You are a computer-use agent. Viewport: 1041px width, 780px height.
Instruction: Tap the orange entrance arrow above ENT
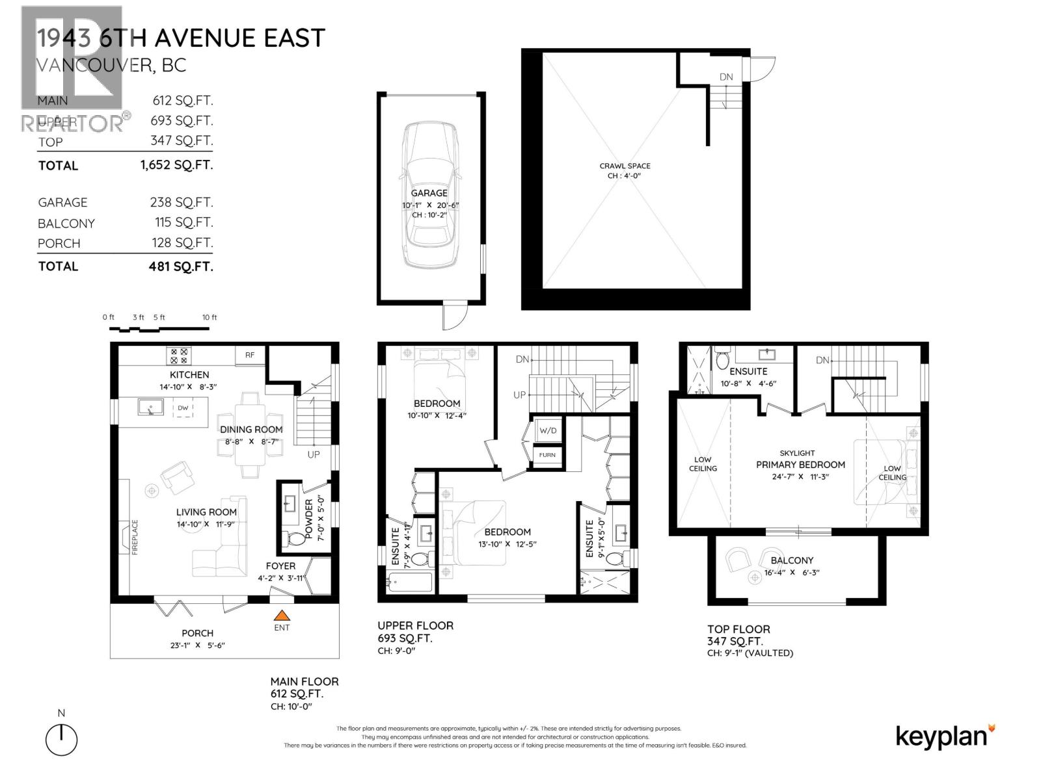282,615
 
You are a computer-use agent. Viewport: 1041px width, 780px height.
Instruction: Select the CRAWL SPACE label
625,166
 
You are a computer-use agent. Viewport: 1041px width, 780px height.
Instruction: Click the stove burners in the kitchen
179,356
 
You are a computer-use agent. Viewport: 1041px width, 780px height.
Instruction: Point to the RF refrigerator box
250,355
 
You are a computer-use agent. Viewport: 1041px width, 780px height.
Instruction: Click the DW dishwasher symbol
183,408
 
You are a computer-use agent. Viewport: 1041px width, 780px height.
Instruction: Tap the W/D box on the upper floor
547,430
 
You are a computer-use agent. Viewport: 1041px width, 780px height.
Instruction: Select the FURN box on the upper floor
547,455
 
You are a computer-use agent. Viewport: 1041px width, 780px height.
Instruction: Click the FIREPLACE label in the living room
135,537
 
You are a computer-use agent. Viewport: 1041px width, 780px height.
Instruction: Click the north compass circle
61,740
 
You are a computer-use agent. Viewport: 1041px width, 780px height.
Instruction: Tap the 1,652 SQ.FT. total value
176,165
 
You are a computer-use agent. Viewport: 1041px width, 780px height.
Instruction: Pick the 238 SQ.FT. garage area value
181,202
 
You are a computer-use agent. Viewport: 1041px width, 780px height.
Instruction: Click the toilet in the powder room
295,538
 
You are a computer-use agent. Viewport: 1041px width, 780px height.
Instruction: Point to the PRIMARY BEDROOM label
800,465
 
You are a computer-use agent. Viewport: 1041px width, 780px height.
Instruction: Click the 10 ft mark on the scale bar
210,318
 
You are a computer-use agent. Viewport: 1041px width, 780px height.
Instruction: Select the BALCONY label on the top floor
792,560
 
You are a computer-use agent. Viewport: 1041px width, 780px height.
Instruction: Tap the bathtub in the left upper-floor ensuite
409,582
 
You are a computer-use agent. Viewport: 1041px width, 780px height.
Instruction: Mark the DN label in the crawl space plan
726,77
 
